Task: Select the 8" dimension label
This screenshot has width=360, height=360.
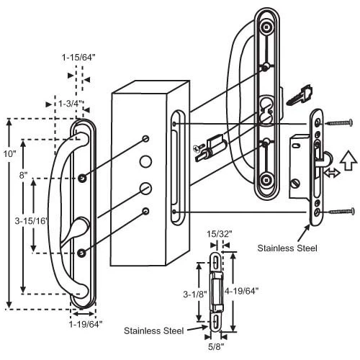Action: click(24, 175)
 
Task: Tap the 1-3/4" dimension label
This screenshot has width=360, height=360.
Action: click(70, 104)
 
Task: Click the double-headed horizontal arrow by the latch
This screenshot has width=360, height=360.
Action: click(331, 174)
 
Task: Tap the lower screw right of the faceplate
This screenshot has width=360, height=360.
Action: click(342, 212)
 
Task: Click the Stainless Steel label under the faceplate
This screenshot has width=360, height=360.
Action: click(289, 247)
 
